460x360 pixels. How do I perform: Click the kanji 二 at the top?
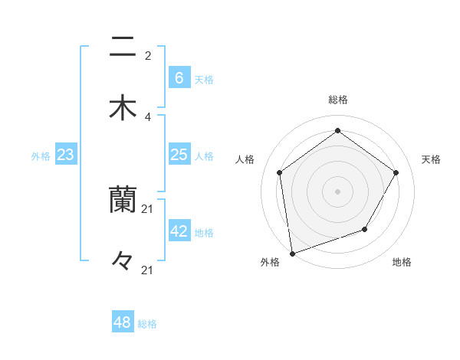123,47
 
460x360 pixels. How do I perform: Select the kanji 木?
123,107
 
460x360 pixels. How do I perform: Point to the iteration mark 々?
123,261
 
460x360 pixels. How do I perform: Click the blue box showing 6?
179,77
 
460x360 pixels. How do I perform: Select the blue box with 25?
179,155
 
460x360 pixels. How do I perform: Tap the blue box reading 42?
179,231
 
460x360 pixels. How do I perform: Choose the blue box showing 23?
65,155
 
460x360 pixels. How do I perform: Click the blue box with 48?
122,322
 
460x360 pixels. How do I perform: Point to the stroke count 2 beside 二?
148,56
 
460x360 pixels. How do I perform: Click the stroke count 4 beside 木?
148,116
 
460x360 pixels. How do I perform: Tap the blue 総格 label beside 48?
147,324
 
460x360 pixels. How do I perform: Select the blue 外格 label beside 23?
41,155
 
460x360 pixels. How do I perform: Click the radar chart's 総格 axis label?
338,100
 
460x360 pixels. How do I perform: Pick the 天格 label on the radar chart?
432,159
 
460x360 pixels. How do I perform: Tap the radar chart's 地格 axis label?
402,262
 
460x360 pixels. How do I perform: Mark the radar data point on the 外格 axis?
292,253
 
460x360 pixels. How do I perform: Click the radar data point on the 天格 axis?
396,172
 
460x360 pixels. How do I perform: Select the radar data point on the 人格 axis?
280,172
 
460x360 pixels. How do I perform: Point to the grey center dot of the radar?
338,191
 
